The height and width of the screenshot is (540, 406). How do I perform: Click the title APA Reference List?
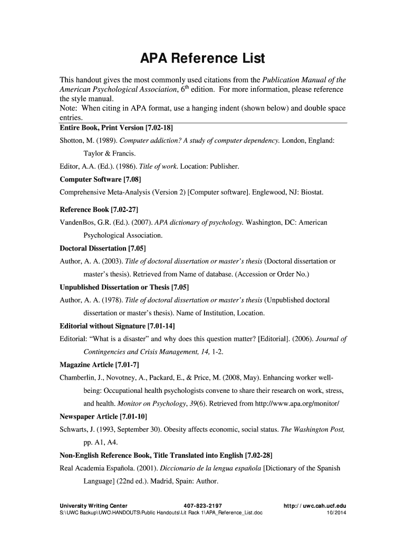tap(202, 58)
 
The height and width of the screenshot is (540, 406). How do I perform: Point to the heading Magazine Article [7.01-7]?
tap(99, 364)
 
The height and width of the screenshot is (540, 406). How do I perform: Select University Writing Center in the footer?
tap(93, 506)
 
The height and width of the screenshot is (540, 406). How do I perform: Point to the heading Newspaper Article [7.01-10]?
tap(103, 416)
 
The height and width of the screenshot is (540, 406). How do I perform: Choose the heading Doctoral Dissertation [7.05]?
tap(103, 248)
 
